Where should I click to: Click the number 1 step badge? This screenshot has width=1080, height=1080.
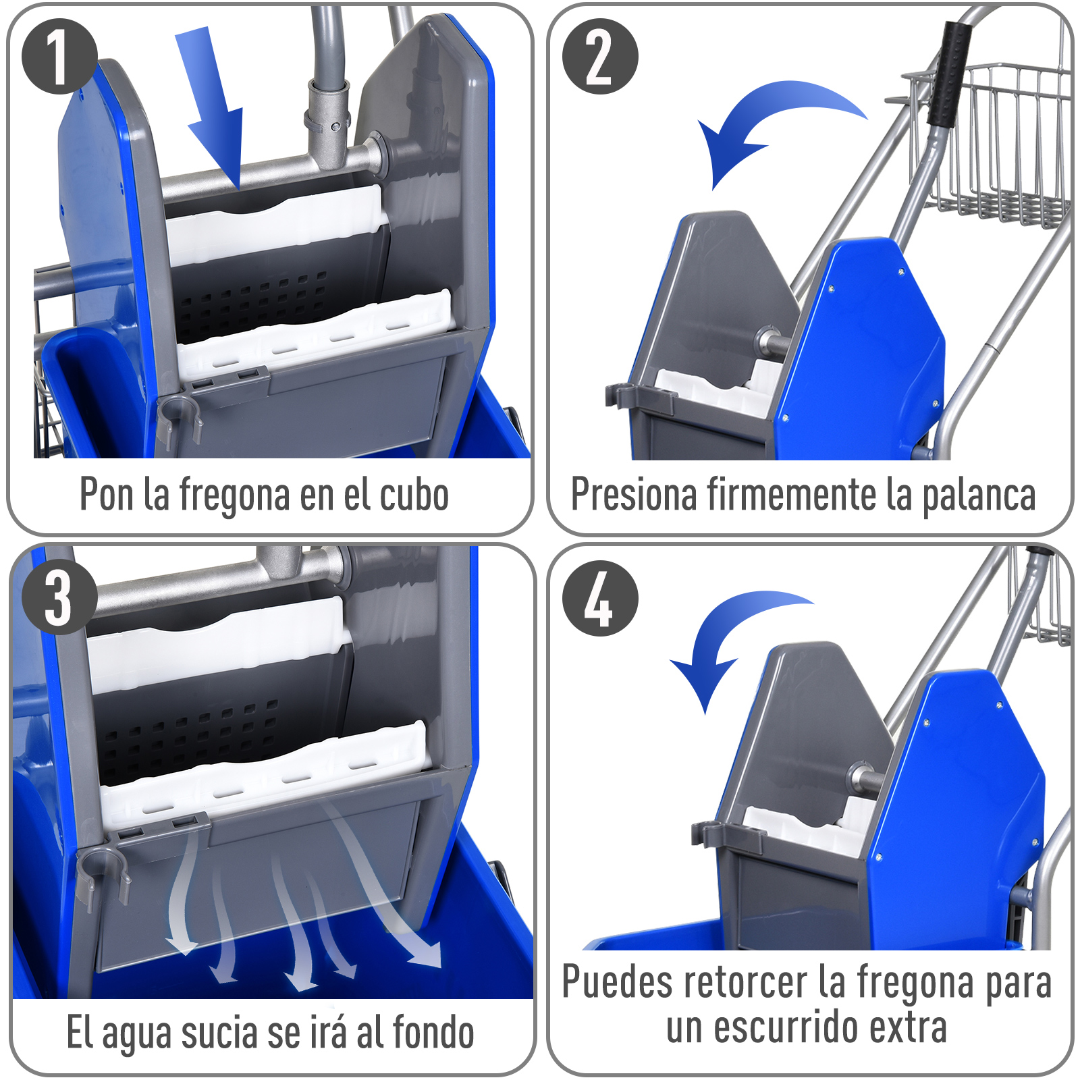[59, 57]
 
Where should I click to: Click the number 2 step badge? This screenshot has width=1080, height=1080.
[599, 57]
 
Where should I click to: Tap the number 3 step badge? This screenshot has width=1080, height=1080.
[59, 597]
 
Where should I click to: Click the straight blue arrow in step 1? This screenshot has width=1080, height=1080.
[213, 108]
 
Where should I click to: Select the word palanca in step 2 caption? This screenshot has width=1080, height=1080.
[978, 496]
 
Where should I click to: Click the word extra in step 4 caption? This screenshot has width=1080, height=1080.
[908, 1027]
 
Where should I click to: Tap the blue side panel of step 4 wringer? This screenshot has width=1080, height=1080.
[959, 776]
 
